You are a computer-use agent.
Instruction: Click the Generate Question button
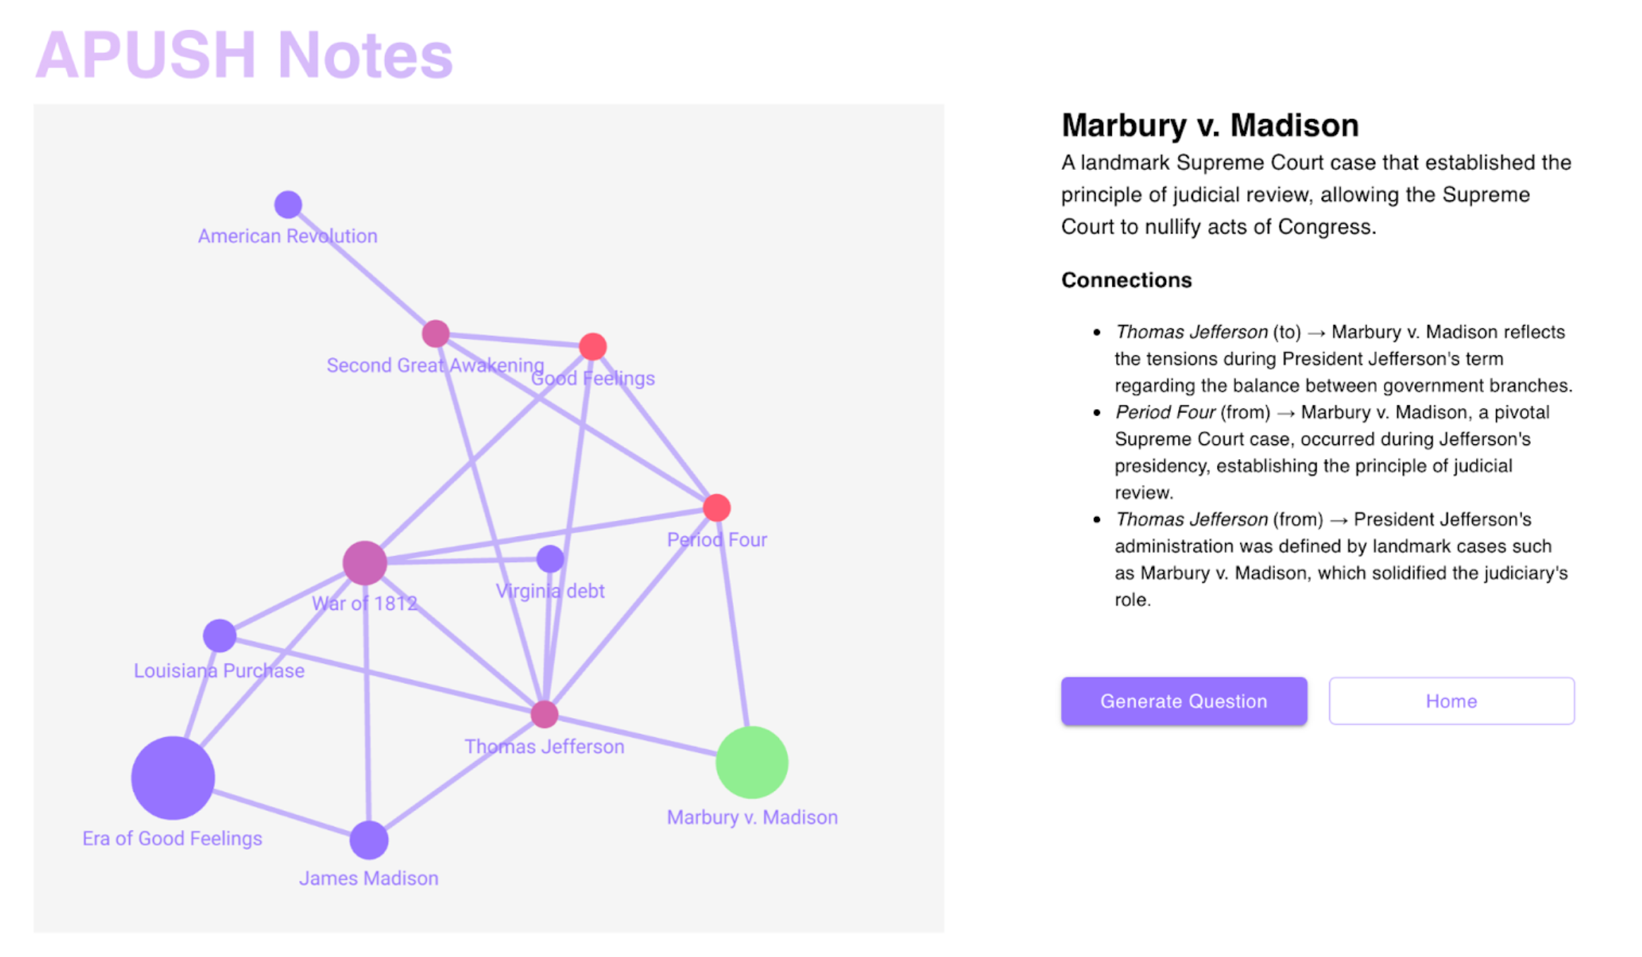(x=1183, y=700)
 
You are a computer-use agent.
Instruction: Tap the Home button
(x=1451, y=700)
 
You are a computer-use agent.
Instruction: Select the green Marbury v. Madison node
(x=752, y=762)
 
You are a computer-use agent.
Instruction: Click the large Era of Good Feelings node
(x=173, y=778)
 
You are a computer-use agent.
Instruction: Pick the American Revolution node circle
(x=288, y=205)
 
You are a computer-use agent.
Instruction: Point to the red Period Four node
(x=716, y=508)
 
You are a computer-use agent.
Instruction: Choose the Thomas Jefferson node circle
(x=544, y=714)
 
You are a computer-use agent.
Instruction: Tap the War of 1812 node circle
(x=364, y=563)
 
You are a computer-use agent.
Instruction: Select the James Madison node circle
(x=369, y=840)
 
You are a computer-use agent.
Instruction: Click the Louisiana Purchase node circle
(x=219, y=635)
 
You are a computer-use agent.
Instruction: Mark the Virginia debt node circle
(x=550, y=559)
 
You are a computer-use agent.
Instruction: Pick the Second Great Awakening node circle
(x=436, y=334)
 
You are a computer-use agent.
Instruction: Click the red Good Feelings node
(x=592, y=346)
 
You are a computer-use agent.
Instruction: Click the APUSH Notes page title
(x=244, y=55)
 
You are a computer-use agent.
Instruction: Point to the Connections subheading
(x=1127, y=280)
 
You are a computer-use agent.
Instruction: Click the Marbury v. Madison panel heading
(x=1210, y=125)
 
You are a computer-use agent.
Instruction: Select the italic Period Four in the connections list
(x=1165, y=412)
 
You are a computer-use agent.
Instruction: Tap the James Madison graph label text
(x=369, y=878)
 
